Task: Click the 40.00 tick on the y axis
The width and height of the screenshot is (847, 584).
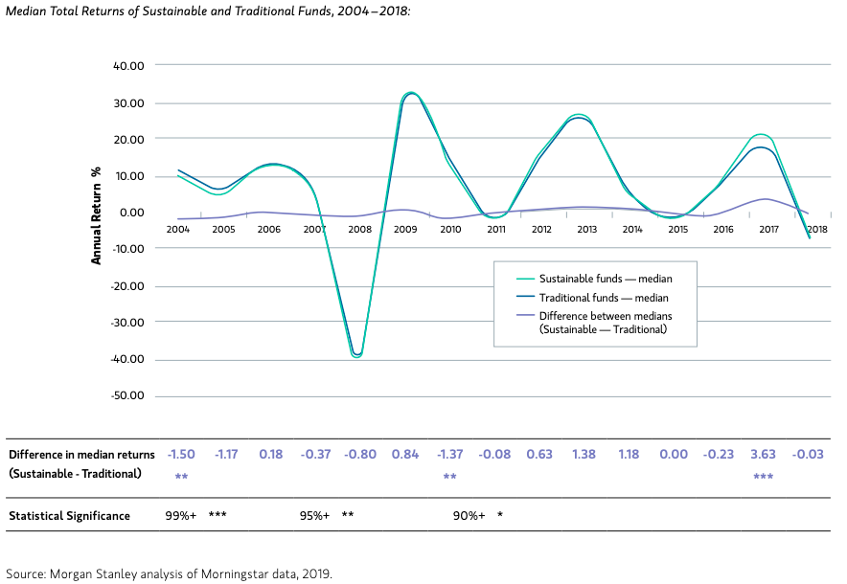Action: click(128, 66)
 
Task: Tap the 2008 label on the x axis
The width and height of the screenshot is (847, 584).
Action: click(359, 230)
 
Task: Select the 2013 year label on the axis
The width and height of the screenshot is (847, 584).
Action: click(587, 230)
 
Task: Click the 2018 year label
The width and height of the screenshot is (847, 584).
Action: click(816, 230)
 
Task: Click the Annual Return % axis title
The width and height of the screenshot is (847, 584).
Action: click(97, 213)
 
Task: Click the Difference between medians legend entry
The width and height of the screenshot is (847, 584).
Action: click(603, 323)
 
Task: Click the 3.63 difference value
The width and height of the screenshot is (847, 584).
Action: click(764, 454)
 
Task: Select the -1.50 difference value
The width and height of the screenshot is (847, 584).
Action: click(182, 454)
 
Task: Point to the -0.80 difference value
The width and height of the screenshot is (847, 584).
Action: click(360, 454)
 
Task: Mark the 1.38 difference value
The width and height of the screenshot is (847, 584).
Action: click(584, 454)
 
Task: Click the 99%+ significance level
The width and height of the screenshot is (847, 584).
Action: click(181, 516)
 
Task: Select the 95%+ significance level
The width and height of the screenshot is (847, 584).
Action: click(315, 516)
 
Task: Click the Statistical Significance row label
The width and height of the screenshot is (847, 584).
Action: click(69, 516)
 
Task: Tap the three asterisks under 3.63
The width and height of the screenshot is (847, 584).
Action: click(764, 477)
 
